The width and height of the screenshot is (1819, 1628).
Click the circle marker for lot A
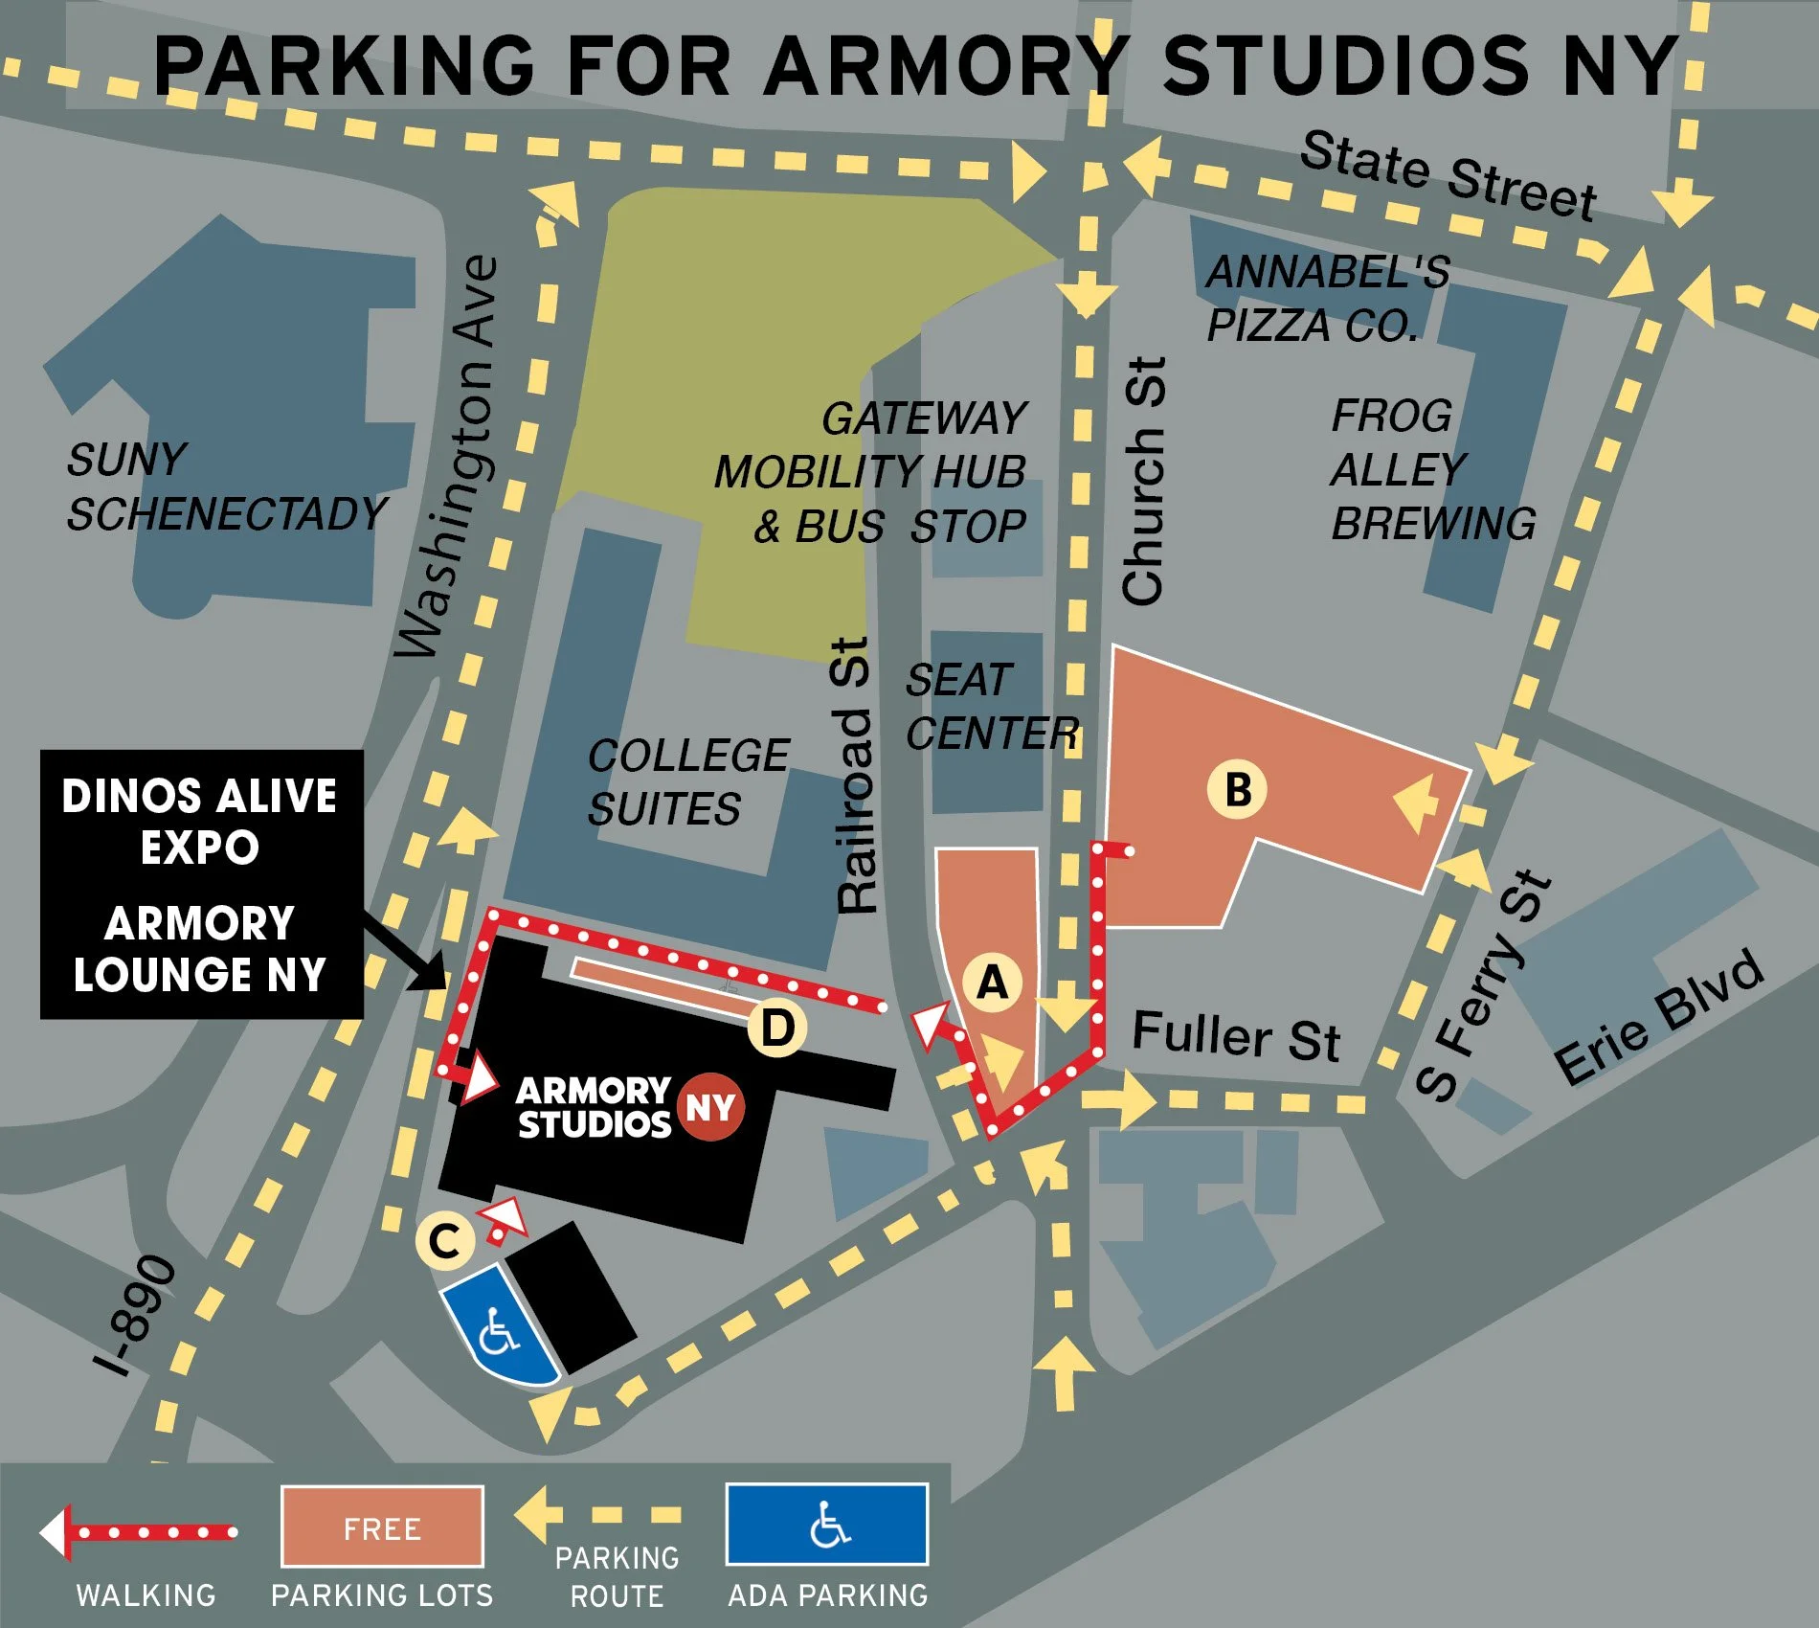(x=993, y=983)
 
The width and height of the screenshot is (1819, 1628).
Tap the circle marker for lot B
(x=1237, y=790)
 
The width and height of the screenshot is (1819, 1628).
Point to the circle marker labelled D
(x=776, y=1029)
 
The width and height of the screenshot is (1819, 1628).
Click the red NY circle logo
(x=710, y=1107)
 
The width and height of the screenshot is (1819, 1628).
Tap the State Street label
(x=1448, y=175)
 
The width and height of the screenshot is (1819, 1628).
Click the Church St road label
(x=1144, y=481)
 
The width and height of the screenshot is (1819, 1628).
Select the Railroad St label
(x=855, y=776)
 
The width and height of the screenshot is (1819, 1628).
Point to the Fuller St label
(x=1236, y=1035)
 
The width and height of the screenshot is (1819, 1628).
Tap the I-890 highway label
(x=136, y=1314)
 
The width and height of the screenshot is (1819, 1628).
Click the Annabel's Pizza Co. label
(x=1327, y=298)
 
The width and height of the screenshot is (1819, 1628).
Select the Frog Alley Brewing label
(x=1432, y=469)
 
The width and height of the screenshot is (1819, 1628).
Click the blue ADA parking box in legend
(x=827, y=1524)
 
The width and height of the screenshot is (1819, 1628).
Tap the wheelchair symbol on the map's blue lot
(x=499, y=1330)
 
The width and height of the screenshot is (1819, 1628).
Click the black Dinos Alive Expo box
(x=201, y=883)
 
